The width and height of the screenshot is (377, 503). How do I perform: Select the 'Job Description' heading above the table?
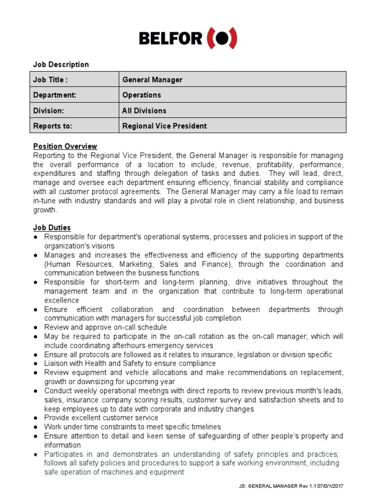pyautogui.click(x=61, y=64)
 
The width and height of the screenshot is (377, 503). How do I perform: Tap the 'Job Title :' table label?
pyautogui.click(x=50, y=80)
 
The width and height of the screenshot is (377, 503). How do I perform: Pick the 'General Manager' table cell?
pyautogui.click(x=152, y=80)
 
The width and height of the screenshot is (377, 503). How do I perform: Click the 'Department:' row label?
pyautogui.click(x=54, y=95)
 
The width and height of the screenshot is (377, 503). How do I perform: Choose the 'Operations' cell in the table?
pyautogui.click(x=141, y=95)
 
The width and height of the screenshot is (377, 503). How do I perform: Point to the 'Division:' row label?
pyautogui.click(x=49, y=111)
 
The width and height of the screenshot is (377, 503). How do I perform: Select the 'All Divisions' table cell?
pyautogui.click(x=144, y=111)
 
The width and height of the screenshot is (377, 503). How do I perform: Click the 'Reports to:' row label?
pyautogui.click(x=53, y=126)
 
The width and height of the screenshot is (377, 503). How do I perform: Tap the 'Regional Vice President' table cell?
pyautogui.click(x=164, y=126)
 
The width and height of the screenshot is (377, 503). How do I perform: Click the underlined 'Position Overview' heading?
pyautogui.click(x=65, y=146)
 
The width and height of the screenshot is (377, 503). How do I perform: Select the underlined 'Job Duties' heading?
pyautogui.click(x=52, y=227)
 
